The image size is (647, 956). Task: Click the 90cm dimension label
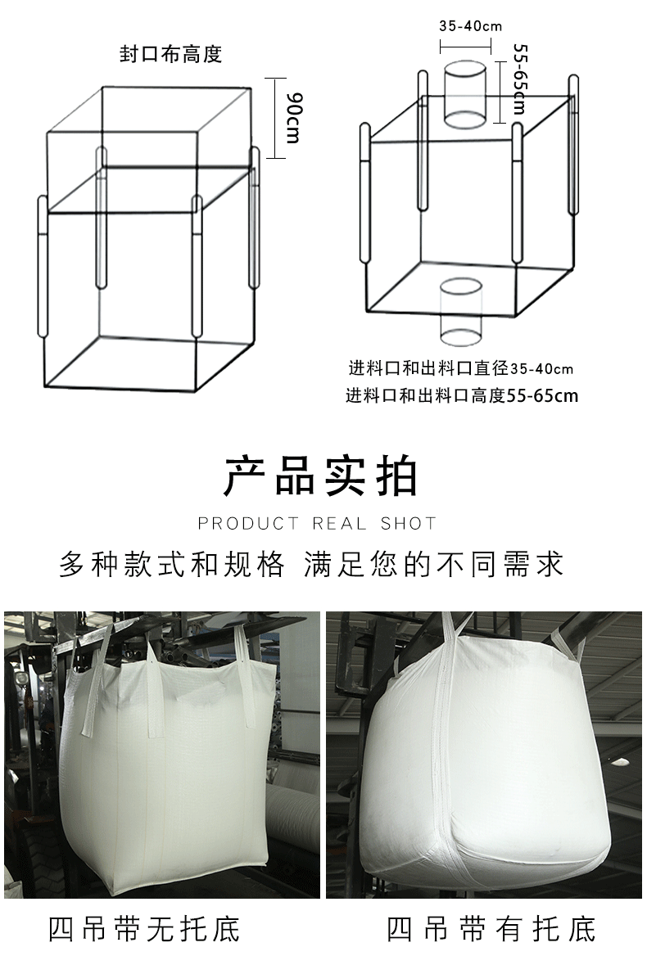(x=293, y=118)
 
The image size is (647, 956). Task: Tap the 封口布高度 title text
(x=170, y=54)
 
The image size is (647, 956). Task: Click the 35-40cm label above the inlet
(x=470, y=26)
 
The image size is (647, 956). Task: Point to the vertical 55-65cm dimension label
(x=520, y=78)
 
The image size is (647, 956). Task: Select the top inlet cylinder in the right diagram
(x=465, y=93)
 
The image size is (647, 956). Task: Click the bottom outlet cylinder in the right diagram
(x=460, y=312)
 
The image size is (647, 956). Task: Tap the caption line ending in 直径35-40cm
(x=461, y=368)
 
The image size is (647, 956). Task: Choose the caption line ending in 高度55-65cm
(x=462, y=395)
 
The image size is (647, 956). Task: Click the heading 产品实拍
(x=321, y=476)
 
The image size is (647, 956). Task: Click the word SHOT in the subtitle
(x=409, y=524)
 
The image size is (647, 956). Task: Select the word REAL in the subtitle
(x=339, y=524)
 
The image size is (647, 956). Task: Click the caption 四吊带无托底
(x=144, y=929)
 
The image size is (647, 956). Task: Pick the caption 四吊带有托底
(x=491, y=929)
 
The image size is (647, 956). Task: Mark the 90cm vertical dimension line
(x=276, y=118)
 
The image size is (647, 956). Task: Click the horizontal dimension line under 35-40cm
(x=465, y=46)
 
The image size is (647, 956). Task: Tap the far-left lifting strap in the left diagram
(x=42, y=266)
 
